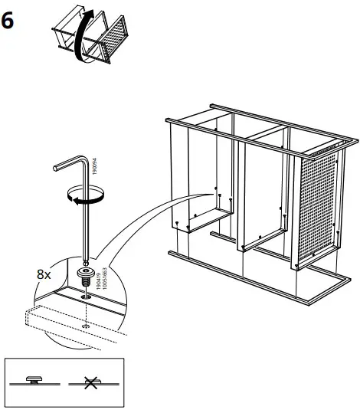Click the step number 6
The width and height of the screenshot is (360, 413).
pyautogui.click(x=8, y=21)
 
